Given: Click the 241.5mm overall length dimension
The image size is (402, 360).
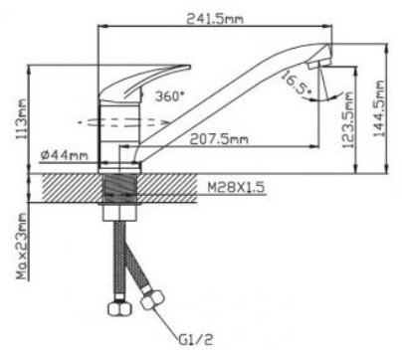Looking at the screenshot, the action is pyautogui.click(x=215, y=19).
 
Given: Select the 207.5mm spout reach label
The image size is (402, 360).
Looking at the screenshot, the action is pyautogui.click(x=219, y=139).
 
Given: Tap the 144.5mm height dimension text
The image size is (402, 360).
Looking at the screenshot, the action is pyautogui.click(x=378, y=108).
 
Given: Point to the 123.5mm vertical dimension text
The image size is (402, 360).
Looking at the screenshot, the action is pyautogui.click(x=348, y=120).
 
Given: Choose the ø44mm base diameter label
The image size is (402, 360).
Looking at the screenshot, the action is pyautogui.click(x=64, y=154).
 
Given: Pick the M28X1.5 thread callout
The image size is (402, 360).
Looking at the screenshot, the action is pyautogui.click(x=236, y=188).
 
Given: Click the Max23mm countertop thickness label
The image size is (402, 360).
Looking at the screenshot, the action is pyautogui.click(x=22, y=246).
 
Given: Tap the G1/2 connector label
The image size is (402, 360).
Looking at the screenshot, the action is pyautogui.click(x=196, y=339).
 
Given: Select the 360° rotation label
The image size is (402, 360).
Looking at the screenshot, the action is pyautogui.click(x=169, y=96).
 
